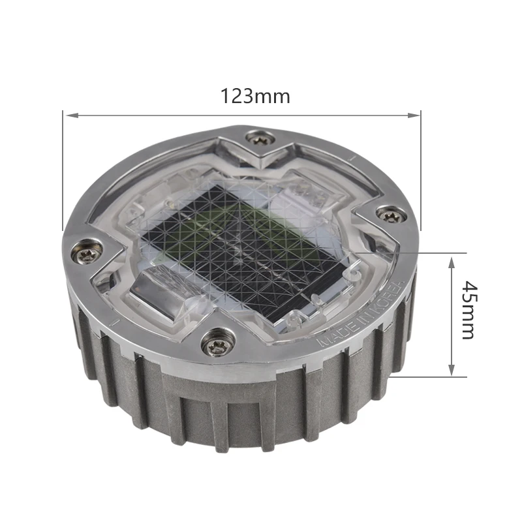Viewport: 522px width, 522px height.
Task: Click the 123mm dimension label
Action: pos(254,97)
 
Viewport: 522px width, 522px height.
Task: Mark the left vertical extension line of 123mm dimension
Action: pos(63,176)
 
